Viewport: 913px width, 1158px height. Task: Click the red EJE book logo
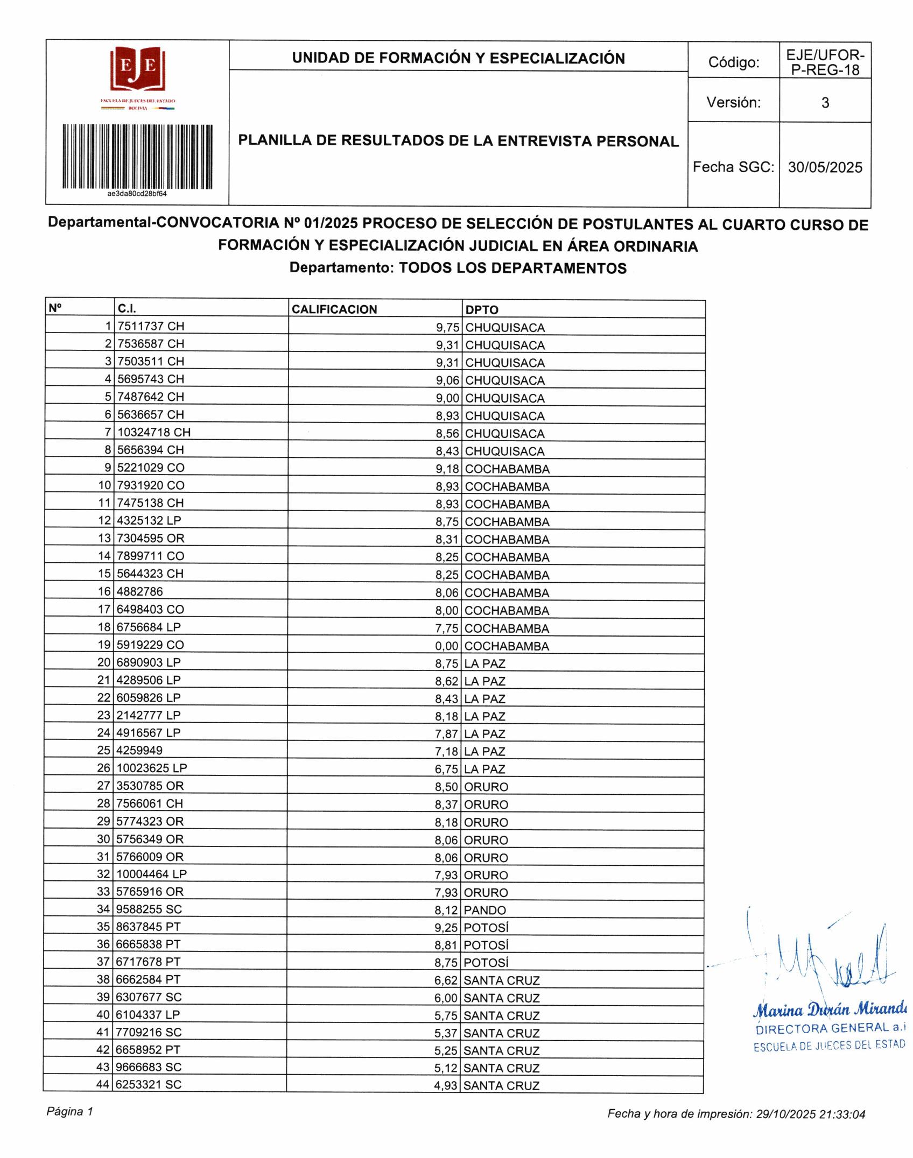pyautogui.click(x=137, y=69)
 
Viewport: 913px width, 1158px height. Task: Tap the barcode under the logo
pyautogui.click(x=137, y=157)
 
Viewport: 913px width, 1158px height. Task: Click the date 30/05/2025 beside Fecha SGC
pyautogui.click(x=825, y=167)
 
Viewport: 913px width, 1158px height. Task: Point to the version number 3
pyautogui.click(x=825, y=102)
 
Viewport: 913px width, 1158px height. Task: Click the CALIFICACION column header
pyautogui.click(x=334, y=309)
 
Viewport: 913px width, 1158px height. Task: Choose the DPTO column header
pyautogui.click(x=482, y=310)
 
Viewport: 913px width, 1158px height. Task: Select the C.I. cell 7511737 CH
pyautogui.click(x=151, y=326)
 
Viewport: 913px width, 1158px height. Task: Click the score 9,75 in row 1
pyautogui.click(x=447, y=328)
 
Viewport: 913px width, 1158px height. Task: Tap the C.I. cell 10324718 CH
pyautogui.click(x=154, y=432)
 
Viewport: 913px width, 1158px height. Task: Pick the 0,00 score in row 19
pyautogui.click(x=447, y=646)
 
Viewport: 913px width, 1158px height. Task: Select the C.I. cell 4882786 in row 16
pyautogui.click(x=139, y=592)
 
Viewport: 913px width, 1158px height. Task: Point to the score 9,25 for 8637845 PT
pyautogui.click(x=446, y=928)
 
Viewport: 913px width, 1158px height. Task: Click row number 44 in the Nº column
pyautogui.click(x=103, y=1085)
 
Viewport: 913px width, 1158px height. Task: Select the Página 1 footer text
pyautogui.click(x=70, y=1112)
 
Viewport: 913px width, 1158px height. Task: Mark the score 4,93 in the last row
pyautogui.click(x=446, y=1086)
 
